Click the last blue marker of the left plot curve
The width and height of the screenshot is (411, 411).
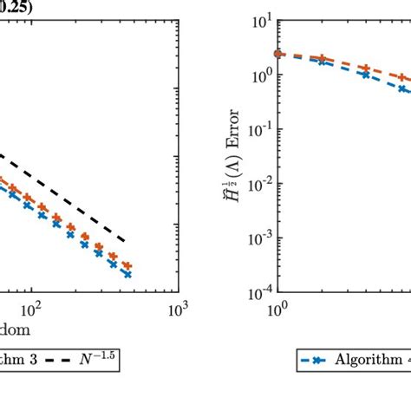tap(127, 273)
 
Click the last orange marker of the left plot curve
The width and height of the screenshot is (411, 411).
tap(127, 265)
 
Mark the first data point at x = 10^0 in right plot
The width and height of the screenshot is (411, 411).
tap(278, 54)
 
